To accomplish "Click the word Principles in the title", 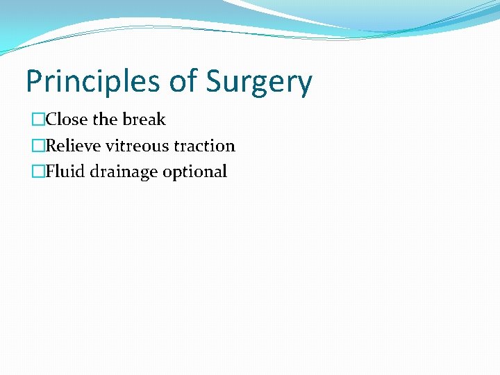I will point(94,82).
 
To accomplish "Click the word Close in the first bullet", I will point(67,119).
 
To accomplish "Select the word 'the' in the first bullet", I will point(106,119).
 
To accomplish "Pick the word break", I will point(144,119).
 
